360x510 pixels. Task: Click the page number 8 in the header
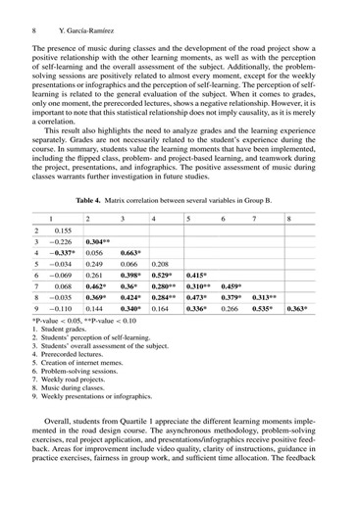pyautogui.click(x=34, y=17)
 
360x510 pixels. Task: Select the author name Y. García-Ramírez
pyautogui.click(x=81, y=17)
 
